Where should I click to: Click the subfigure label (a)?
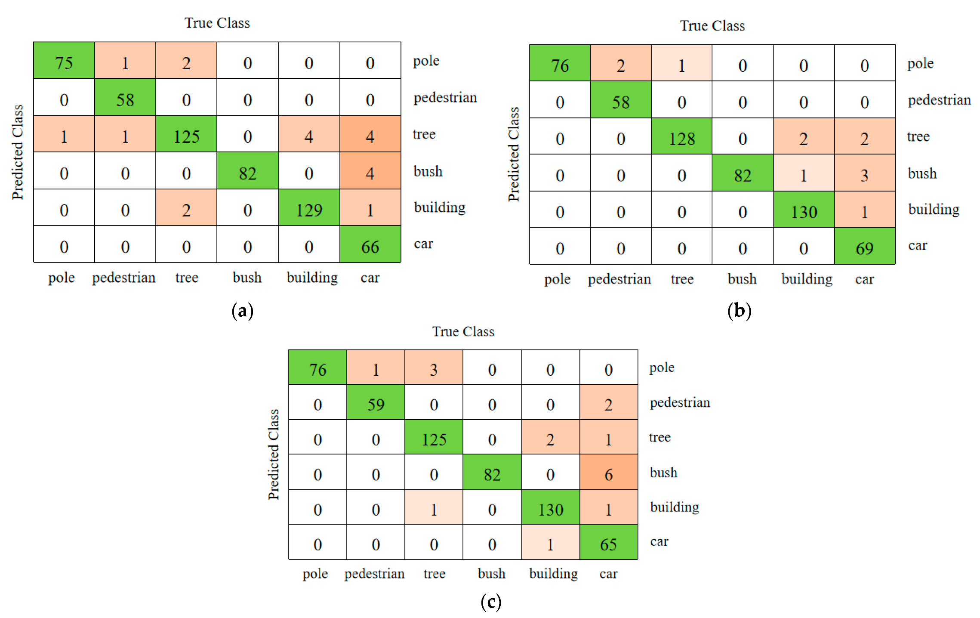[x=242, y=311]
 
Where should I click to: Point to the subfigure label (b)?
[x=739, y=311]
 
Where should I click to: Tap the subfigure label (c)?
[x=491, y=602]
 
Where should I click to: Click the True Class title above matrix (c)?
[x=463, y=331]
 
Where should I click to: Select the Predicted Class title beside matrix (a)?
[x=17, y=152]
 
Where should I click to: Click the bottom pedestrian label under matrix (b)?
[x=619, y=279]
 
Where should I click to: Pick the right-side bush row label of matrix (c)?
[x=663, y=473]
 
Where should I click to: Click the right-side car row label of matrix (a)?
[x=423, y=244]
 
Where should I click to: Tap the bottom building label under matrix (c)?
[x=553, y=574]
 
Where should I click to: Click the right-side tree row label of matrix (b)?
[x=918, y=136]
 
